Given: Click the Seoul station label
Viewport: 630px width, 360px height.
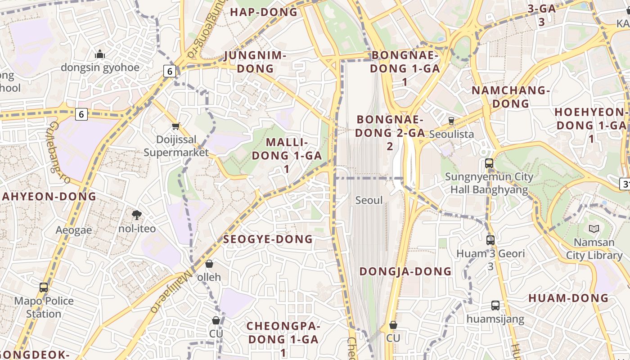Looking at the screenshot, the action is (x=369, y=200).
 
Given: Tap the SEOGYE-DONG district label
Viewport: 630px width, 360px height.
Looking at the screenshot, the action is (x=268, y=239).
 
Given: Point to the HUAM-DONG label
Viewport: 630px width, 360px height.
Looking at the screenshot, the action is (x=568, y=298).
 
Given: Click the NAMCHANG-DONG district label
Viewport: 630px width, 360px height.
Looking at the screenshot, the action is (x=511, y=97).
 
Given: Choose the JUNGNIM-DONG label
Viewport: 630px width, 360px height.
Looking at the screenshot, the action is (x=255, y=62).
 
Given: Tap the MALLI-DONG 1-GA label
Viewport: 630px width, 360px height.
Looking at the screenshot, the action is (x=287, y=155).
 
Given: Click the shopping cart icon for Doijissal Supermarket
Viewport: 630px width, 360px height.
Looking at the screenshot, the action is (x=176, y=126).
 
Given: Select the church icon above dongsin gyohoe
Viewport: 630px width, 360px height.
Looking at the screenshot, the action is (x=100, y=54).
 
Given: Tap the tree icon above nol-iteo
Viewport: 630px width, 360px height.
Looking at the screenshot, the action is (x=137, y=215).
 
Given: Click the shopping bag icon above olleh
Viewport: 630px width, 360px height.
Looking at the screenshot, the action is (x=209, y=264).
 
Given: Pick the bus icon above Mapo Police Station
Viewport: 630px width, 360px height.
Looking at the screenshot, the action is (x=44, y=287).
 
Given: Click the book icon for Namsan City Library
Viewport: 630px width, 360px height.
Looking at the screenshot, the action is (x=594, y=229).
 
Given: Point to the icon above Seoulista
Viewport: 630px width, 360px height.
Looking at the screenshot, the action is (x=451, y=121).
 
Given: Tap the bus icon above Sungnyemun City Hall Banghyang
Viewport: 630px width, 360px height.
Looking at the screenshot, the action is (x=489, y=163).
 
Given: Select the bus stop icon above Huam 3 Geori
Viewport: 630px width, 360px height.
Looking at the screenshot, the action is (x=490, y=240).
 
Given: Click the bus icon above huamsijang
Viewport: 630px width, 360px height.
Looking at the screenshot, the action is (x=495, y=306).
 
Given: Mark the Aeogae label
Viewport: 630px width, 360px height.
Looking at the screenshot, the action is (x=74, y=230).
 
